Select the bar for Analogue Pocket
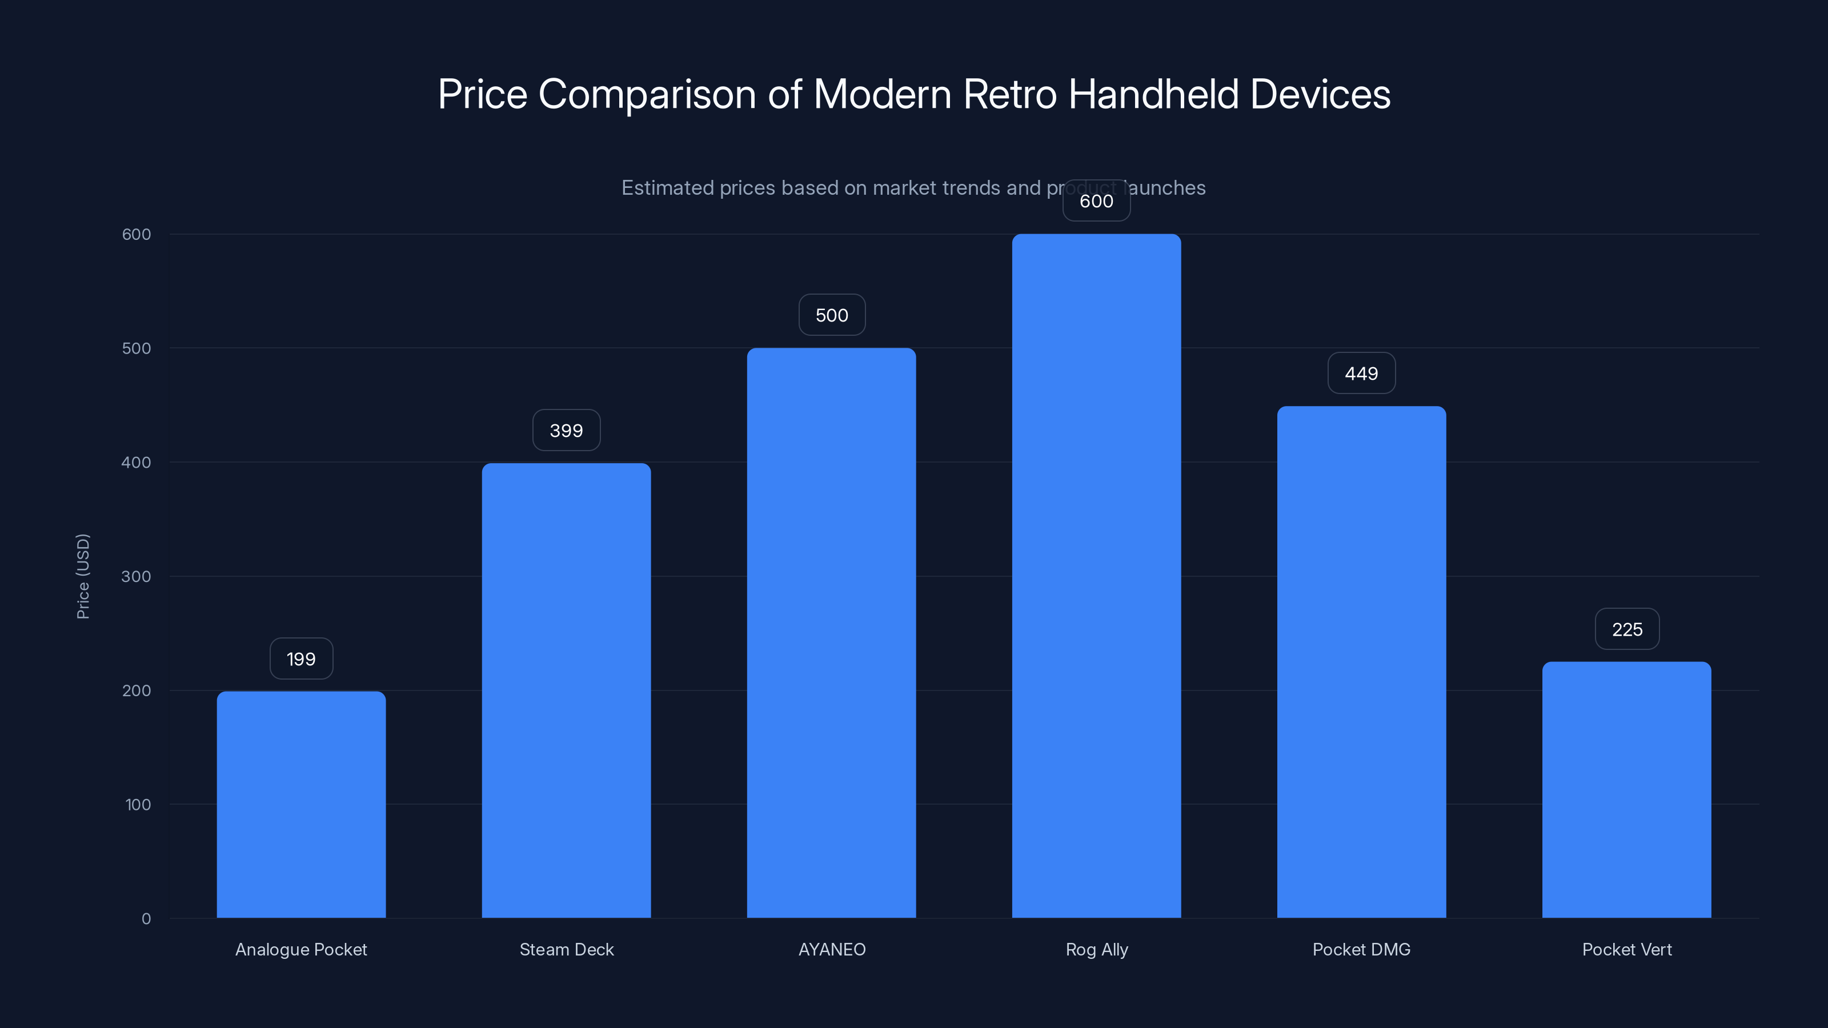pos(301,805)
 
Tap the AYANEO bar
pos(831,633)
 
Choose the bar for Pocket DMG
pos(1361,662)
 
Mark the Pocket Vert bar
pos(1626,790)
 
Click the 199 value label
pos(301,659)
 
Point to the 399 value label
pos(566,431)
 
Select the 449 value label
pos(1361,374)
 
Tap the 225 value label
pos(1626,629)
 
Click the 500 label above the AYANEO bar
pos(832,315)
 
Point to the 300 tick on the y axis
pos(137,577)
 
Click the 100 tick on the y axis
pos(138,805)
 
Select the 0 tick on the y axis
pos(146,919)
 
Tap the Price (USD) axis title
pos(83,576)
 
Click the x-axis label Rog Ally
pos(1096,949)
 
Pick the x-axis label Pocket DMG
pos(1361,949)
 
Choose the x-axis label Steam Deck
pos(566,949)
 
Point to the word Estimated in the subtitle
pos(667,188)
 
